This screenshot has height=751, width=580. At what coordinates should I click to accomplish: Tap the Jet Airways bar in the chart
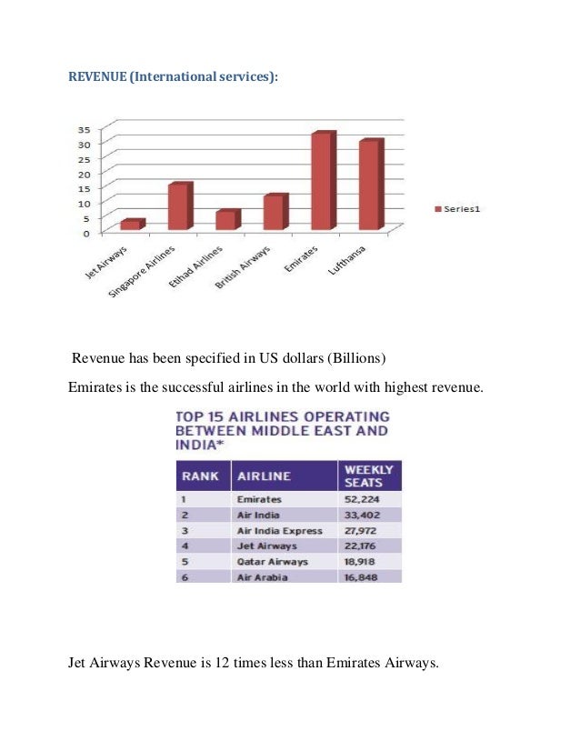coord(131,225)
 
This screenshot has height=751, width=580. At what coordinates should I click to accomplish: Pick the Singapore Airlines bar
coord(178,206)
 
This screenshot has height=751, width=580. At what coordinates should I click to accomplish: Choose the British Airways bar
coord(274,212)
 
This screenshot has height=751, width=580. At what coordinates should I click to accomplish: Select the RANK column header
coord(200,476)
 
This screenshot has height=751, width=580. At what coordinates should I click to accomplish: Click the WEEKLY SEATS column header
coord(368,476)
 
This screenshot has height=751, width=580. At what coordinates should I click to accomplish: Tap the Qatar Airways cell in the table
coord(272,561)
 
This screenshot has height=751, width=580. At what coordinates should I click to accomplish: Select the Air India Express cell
coord(279,530)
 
